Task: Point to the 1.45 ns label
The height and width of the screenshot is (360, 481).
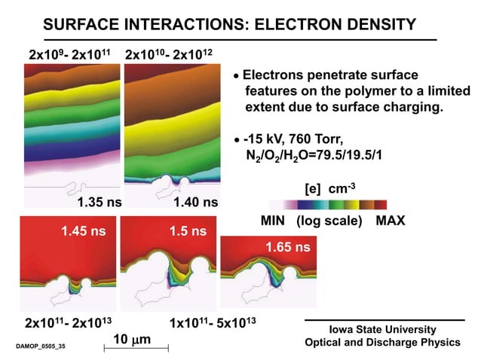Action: (x=83, y=231)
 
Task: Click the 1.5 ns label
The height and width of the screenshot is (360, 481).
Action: (x=179, y=231)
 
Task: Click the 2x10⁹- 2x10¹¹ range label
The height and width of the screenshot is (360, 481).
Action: (x=69, y=55)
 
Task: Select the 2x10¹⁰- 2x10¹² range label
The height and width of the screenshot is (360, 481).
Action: (x=170, y=55)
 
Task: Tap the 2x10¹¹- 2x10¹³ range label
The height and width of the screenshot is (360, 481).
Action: (x=69, y=322)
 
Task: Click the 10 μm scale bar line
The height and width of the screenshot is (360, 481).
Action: (x=135, y=348)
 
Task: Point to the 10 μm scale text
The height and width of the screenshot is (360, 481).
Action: (x=132, y=340)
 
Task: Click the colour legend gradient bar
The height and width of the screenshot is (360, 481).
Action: (x=327, y=204)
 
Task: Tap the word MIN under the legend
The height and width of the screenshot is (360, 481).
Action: (x=277, y=221)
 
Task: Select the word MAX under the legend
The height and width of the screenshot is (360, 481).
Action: (x=391, y=221)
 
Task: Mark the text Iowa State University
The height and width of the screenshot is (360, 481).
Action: (x=383, y=329)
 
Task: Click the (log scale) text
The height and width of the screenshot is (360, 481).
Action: (x=330, y=221)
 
